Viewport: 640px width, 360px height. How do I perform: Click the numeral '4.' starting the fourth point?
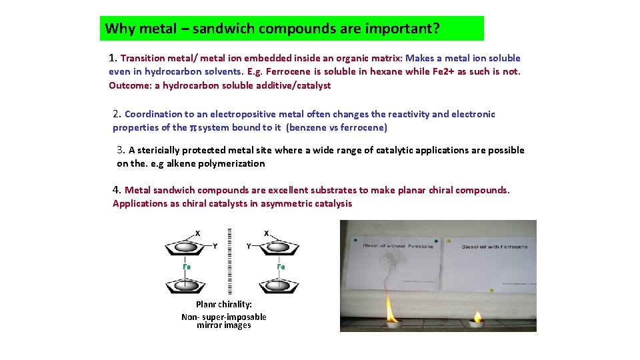pos(117,190)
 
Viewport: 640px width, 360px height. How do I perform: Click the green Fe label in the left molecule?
pos(187,267)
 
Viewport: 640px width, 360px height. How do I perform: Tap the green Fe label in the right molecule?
pos(281,267)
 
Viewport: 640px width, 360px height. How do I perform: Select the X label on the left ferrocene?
pos(197,233)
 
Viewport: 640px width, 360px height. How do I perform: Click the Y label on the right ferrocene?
pos(248,246)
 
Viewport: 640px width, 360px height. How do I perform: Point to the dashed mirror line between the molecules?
pos(230,260)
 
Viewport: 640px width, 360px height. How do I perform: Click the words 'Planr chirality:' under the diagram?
pos(224,304)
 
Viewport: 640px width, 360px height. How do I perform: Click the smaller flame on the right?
pos(478,316)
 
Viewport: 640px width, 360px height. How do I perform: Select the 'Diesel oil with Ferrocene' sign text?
pos(495,247)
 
